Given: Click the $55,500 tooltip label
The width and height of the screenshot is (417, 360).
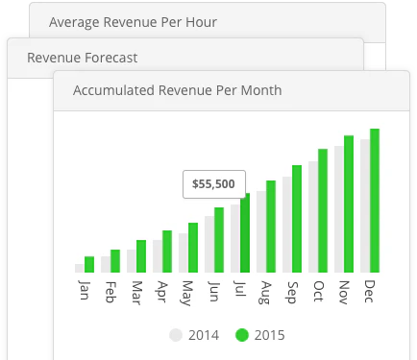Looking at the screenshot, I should coord(214,183).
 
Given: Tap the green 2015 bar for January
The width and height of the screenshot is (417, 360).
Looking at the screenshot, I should coord(89,264).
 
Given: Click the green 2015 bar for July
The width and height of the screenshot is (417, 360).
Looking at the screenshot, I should coord(245,232).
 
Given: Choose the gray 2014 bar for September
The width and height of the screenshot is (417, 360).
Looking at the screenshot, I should coord(287,224).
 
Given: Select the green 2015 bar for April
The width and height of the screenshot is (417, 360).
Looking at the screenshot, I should coord(167,251).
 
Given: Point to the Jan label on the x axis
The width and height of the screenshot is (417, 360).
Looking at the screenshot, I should coord(84,289).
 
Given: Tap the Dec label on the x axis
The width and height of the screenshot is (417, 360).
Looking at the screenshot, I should coord(369,289).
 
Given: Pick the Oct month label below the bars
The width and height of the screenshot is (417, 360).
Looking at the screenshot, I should coord(317,289).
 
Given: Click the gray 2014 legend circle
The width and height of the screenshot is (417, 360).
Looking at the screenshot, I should coord(175,335).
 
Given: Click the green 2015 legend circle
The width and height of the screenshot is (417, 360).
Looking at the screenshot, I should coord(242,335).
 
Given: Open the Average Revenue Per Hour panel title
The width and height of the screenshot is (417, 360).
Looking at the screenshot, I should coord(132,21).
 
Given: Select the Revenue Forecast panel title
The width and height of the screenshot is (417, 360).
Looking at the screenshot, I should coord(82,58).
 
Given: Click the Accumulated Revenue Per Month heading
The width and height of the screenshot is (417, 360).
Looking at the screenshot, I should coord(178,90).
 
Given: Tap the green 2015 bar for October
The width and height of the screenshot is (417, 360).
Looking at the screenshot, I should coord(323,210).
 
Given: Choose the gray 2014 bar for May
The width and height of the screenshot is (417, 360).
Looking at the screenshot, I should coord(184,252).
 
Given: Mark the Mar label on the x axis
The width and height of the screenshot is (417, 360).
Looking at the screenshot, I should coord(135,290).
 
